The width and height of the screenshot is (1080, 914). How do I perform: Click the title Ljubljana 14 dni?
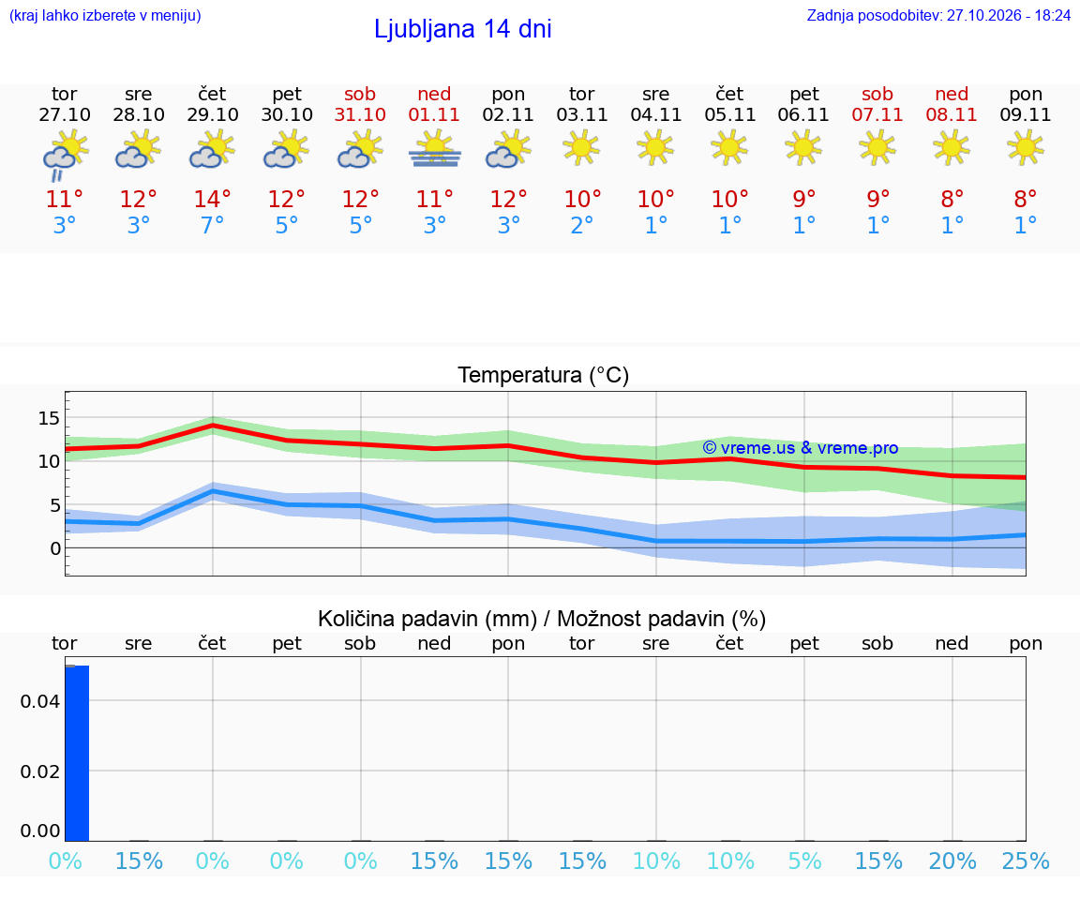(x=463, y=29)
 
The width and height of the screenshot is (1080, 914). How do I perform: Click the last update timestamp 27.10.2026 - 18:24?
(x=1009, y=15)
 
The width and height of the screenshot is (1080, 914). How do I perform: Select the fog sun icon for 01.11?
(x=435, y=149)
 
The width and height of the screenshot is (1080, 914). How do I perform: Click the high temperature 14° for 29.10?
(x=212, y=199)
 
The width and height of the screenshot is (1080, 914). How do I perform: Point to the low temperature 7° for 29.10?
(x=212, y=225)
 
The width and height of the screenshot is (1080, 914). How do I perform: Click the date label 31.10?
(x=360, y=114)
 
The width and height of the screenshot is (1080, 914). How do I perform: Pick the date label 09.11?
(x=1026, y=114)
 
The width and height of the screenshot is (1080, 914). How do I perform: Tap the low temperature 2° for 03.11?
(x=582, y=225)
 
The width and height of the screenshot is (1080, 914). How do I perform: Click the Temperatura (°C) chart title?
(x=544, y=375)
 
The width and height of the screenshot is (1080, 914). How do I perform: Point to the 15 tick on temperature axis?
(x=49, y=418)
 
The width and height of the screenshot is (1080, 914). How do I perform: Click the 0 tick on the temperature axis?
(x=56, y=549)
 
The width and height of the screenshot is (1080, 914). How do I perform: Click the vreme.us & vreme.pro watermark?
(x=801, y=448)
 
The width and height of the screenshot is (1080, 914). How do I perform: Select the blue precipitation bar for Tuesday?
(x=77, y=753)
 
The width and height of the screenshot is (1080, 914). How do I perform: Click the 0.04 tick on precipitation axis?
(x=40, y=701)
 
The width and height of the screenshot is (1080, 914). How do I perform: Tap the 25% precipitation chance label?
(x=1027, y=861)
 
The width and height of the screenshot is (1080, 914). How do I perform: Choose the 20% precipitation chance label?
(x=952, y=861)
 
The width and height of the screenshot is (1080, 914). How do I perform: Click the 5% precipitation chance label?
(x=804, y=861)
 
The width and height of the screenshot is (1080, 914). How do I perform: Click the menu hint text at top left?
(x=105, y=15)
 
